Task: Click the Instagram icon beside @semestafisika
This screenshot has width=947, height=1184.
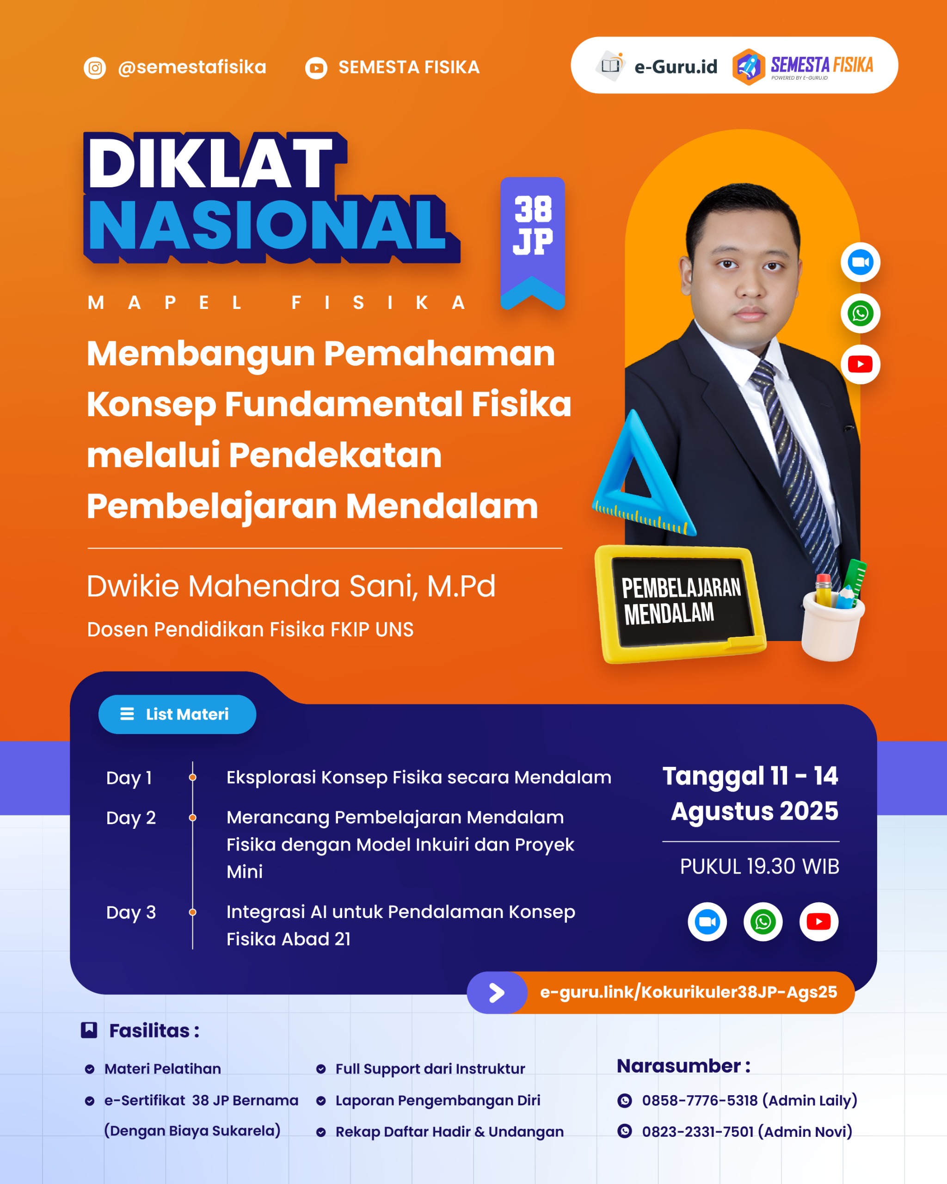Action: tap(94, 68)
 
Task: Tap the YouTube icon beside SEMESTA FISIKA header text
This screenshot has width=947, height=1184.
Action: tap(316, 68)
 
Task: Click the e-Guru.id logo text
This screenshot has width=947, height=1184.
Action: tap(675, 67)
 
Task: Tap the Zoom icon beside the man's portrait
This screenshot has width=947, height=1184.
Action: tap(860, 262)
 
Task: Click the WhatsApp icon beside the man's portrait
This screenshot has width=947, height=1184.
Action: tap(860, 313)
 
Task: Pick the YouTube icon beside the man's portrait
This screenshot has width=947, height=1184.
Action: tap(860, 364)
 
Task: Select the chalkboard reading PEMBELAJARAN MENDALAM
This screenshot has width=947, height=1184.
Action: tap(681, 603)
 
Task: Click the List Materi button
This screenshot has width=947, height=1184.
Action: tap(177, 714)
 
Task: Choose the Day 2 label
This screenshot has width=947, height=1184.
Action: tap(131, 818)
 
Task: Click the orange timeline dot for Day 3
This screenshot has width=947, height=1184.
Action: tap(193, 912)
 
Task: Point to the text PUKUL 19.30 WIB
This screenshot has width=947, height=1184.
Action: tap(759, 866)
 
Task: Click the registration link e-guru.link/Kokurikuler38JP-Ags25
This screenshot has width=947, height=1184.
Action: tap(688, 992)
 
